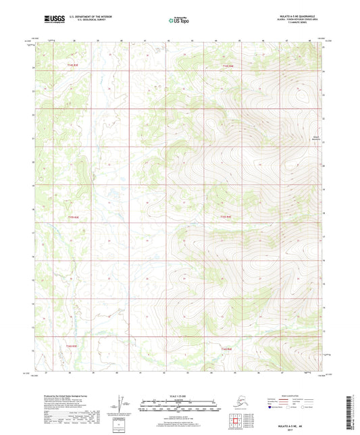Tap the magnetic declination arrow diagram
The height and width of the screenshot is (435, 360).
click(x=122, y=404)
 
